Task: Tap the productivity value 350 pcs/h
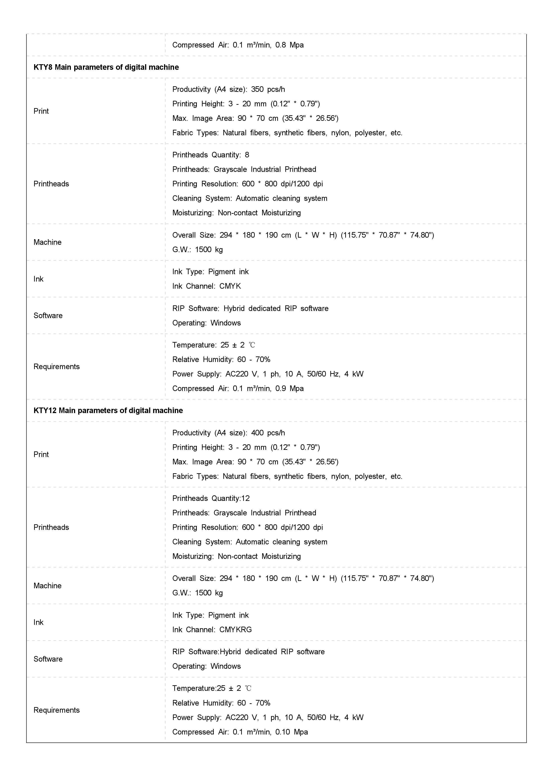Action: pos(268,89)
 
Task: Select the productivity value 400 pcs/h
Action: pos(268,433)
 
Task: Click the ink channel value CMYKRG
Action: pos(235,630)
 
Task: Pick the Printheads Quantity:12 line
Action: pos(211,498)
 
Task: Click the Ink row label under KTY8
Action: pos(39,279)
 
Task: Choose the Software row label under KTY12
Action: pos(48,659)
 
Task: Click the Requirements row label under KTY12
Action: pos(57,710)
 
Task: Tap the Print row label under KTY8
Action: pos(41,111)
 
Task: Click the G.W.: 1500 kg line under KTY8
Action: pos(197,250)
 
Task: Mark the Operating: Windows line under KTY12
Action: pos(206,666)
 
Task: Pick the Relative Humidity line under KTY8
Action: pos(221,359)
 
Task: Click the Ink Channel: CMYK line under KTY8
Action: pos(206,286)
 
